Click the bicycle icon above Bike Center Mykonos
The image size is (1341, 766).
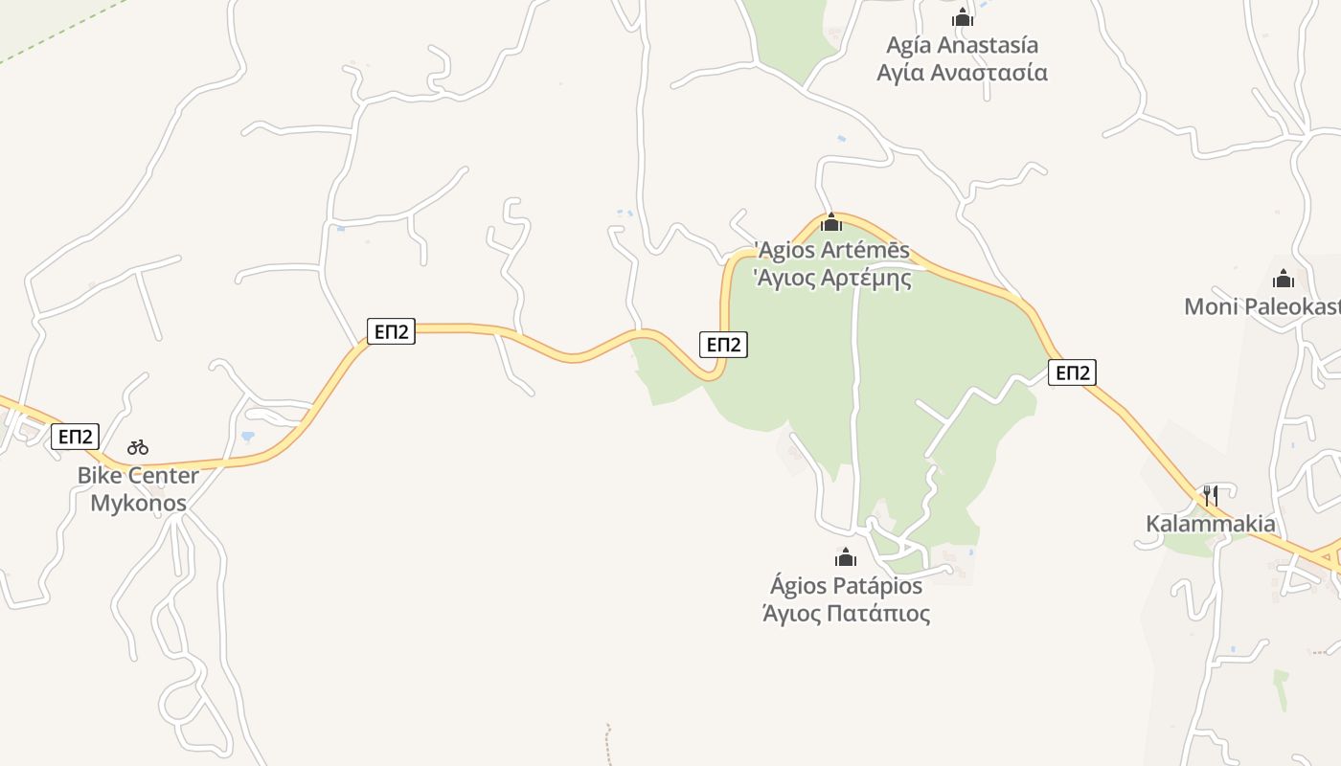click(138, 447)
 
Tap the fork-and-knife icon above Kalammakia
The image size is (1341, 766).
click(1211, 495)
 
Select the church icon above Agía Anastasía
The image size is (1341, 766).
click(963, 17)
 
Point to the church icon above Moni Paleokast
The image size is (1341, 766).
click(1284, 279)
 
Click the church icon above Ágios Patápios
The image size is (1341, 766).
click(846, 557)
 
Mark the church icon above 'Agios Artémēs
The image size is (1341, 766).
click(830, 222)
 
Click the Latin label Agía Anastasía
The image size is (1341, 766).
click(962, 45)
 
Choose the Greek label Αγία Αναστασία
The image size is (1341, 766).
click(962, 73)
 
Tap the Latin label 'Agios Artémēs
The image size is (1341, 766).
click(832, 251)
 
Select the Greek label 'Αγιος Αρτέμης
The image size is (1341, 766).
click(832, 279)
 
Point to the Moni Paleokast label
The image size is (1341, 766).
click(1261, 306)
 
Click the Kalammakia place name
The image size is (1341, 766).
click(1211, 524)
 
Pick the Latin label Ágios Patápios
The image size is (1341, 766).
click(846, 585)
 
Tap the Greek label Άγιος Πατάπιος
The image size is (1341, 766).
click(846, 613)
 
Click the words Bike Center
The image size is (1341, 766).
click(138, 476)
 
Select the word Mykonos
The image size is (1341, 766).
click(138, 503)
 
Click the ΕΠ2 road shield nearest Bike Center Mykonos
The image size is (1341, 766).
click(75, 437)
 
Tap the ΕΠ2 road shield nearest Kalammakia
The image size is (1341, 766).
click(1072, 372)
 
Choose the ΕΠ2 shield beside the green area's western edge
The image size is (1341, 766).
click(723, 345)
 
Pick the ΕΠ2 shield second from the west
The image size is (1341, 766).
click(391, 332)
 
